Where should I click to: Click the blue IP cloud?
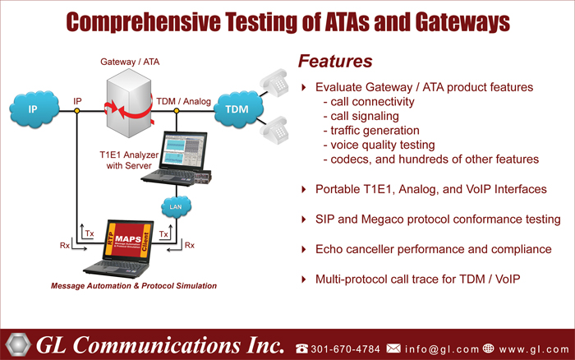pos(34,109)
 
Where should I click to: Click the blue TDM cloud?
pos(238,109)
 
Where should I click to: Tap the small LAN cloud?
pos(176,207)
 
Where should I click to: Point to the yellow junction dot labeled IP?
pos(77,110)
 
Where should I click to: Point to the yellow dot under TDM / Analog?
pos(177,110)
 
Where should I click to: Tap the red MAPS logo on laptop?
pos(128,239)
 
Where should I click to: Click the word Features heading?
pos(335,62)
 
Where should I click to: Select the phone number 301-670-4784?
pos(346,348)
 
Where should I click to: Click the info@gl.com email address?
pos(442,348)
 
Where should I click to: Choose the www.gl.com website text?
pos(534,349)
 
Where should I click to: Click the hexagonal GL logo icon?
pos(18,344)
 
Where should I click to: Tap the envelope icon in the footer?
pos(393,348)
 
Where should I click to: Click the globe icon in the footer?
pos(488,348)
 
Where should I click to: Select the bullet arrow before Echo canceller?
pos(304,250)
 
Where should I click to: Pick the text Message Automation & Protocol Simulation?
pos(134,286)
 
